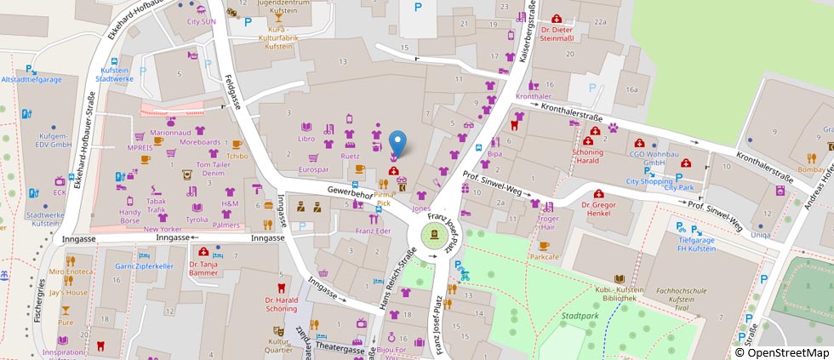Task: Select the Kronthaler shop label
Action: coord(534,96)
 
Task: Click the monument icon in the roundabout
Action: coord(434,236)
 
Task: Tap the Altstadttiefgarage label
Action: coord(32,79)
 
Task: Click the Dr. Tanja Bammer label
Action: coord(203,268)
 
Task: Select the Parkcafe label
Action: coord(544,255)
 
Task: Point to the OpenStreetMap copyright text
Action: coord(783,352)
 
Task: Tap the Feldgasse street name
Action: coord(229,89)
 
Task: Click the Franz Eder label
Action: coord(373,231)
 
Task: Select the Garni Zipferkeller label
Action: coord(144,266)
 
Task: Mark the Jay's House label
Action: coord(67,292)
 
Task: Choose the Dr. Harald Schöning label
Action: coord(281,304)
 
